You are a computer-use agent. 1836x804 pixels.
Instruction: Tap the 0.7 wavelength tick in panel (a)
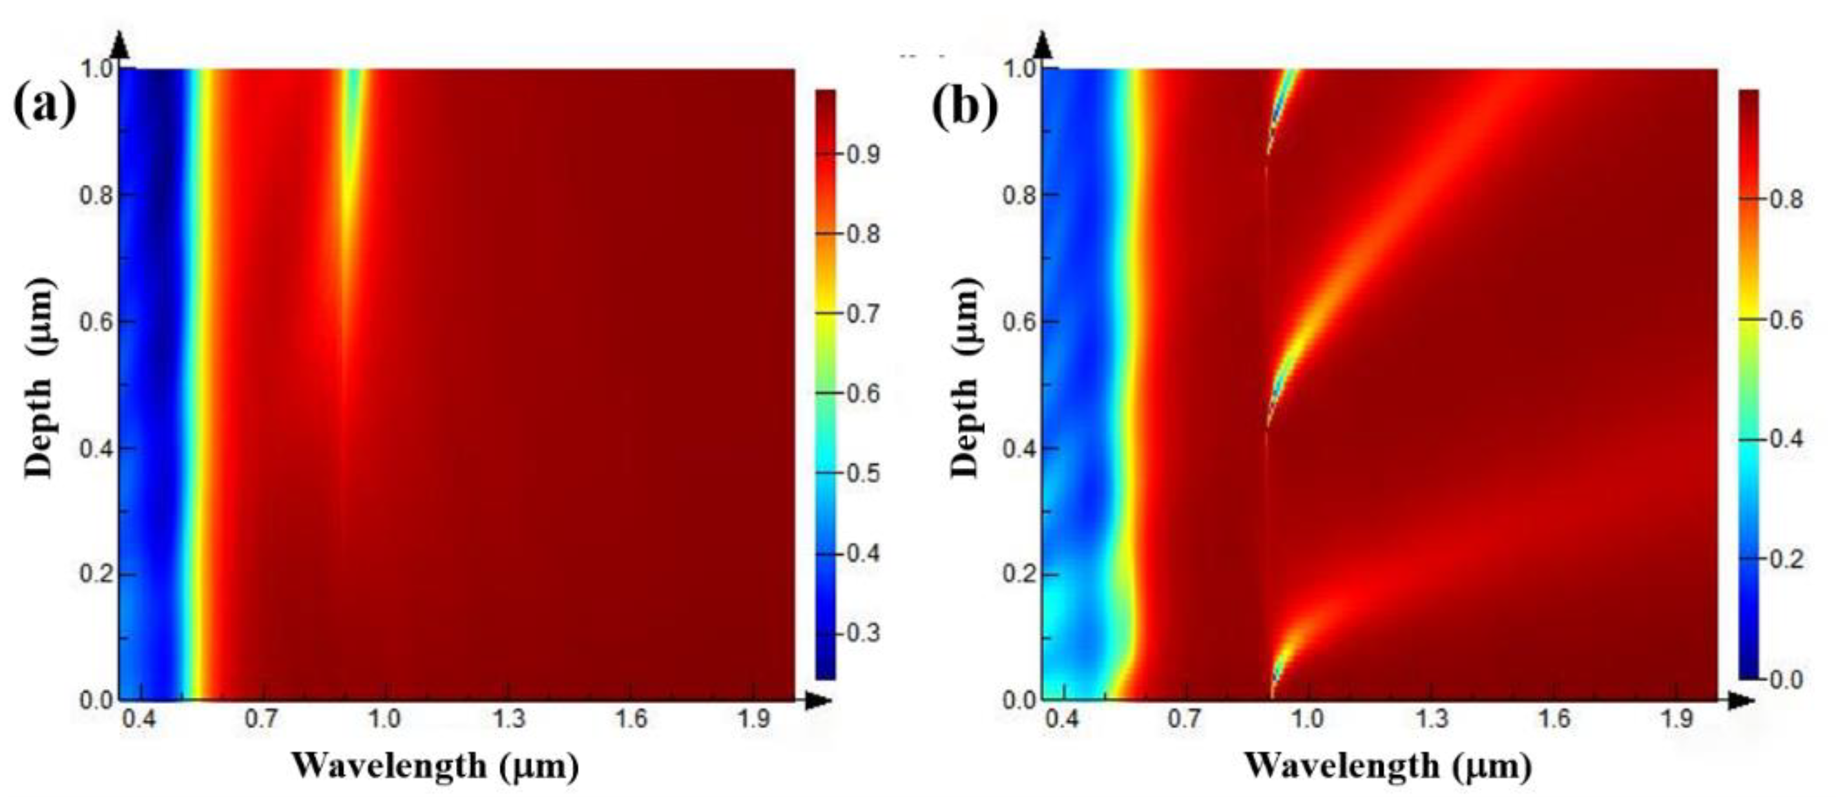(x=262, y=719)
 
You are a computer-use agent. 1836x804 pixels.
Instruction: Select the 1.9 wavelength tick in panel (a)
(x=753, y=719)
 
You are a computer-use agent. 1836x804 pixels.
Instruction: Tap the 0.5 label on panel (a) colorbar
(x=863, y=474)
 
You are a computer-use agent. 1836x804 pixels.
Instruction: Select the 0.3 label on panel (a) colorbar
(x=863, y=633)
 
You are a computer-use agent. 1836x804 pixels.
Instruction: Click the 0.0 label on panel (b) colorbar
(x=1786, y=679)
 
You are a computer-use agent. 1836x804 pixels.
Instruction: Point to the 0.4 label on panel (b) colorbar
(x=1786, y=439)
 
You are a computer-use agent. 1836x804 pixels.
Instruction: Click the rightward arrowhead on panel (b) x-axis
(x=1741, y=701)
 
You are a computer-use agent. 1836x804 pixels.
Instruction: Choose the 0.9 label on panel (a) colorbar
(x=863, y=154)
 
